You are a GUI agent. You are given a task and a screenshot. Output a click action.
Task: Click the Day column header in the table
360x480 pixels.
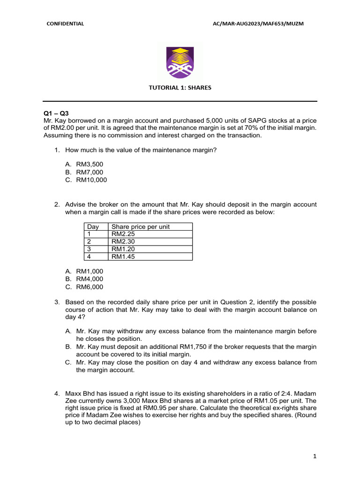point(93,227)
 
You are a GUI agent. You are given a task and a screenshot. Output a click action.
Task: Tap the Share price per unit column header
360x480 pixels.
point(141,227)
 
